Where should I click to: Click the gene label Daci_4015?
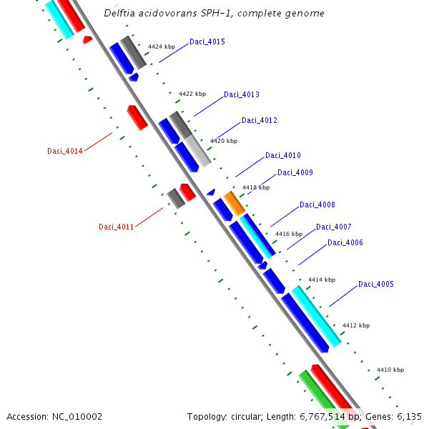207,41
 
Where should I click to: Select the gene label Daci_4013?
242,94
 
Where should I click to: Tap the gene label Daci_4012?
260,120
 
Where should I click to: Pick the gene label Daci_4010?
283,155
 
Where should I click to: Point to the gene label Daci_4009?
295,172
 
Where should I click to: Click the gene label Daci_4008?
317,204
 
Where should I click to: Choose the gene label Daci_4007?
334,227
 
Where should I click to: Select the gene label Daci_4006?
345,242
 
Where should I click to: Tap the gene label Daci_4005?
376,284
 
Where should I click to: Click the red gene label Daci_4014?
65,151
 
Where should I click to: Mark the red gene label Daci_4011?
117,227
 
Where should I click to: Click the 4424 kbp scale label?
162,46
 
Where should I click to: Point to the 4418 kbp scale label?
256,187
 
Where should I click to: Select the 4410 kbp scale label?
390,370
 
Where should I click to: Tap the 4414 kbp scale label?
322,280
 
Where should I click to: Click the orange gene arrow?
234,203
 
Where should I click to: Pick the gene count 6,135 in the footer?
408,416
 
